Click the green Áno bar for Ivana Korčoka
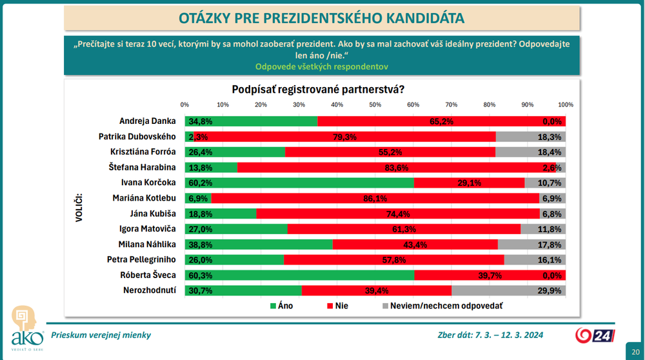click(x=299, y=182)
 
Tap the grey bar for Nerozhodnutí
click(x=508, y=290)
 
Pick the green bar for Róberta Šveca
click(x=299, y=275)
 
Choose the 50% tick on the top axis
click(x=375, y=105)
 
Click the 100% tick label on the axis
click(x=566, y=105)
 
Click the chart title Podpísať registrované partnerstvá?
click(x=322, y=88)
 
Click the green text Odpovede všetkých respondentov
click(x=322, y=66)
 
